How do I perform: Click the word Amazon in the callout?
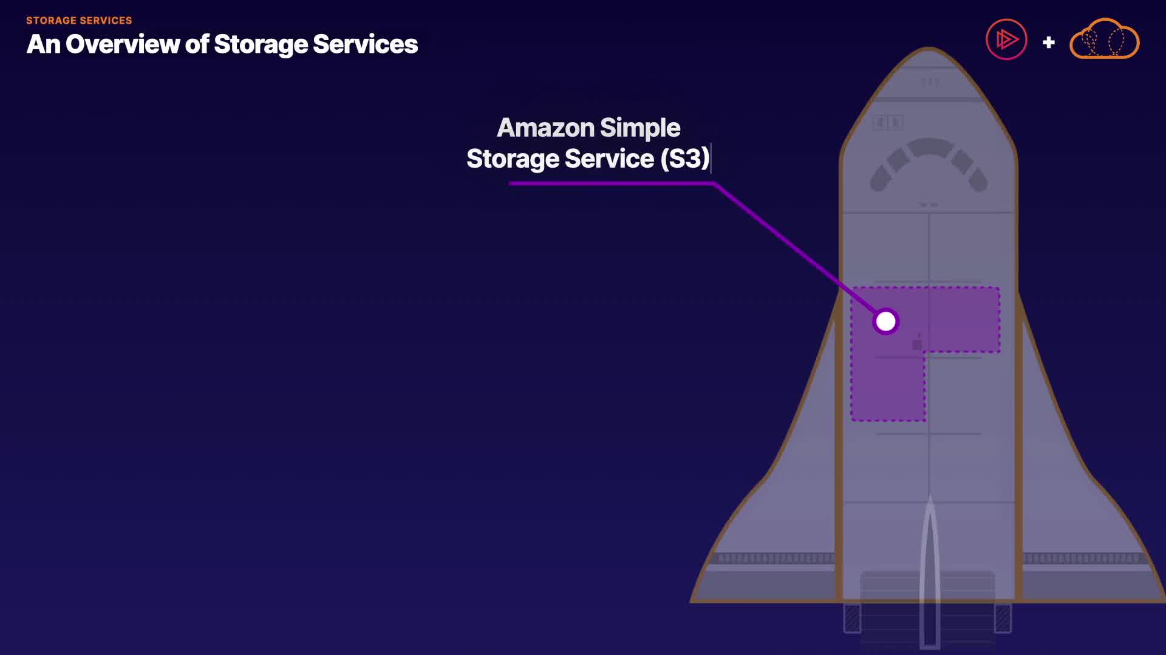(x=545, y=128)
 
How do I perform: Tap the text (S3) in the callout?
(x=685, y=159)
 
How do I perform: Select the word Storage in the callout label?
(x=513, y=159)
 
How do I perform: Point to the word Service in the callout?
(x=609, y=159)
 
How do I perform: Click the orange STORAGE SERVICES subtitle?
(x=79, y=21)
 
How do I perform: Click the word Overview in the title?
(x=123, y=44)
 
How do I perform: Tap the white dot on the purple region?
(x=885, y=321)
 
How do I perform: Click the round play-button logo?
(x=1006, y=40)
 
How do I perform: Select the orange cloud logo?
(x=1104, y=40)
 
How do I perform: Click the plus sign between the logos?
(x=1048, y=43)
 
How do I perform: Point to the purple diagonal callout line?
(x=789, y=243)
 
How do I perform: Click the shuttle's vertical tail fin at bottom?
(x=930, y=571)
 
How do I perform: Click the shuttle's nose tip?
(x=929, y=52)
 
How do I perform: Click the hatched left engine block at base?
(x=852, y=618)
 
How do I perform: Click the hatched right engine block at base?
(x=1003, y=618)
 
